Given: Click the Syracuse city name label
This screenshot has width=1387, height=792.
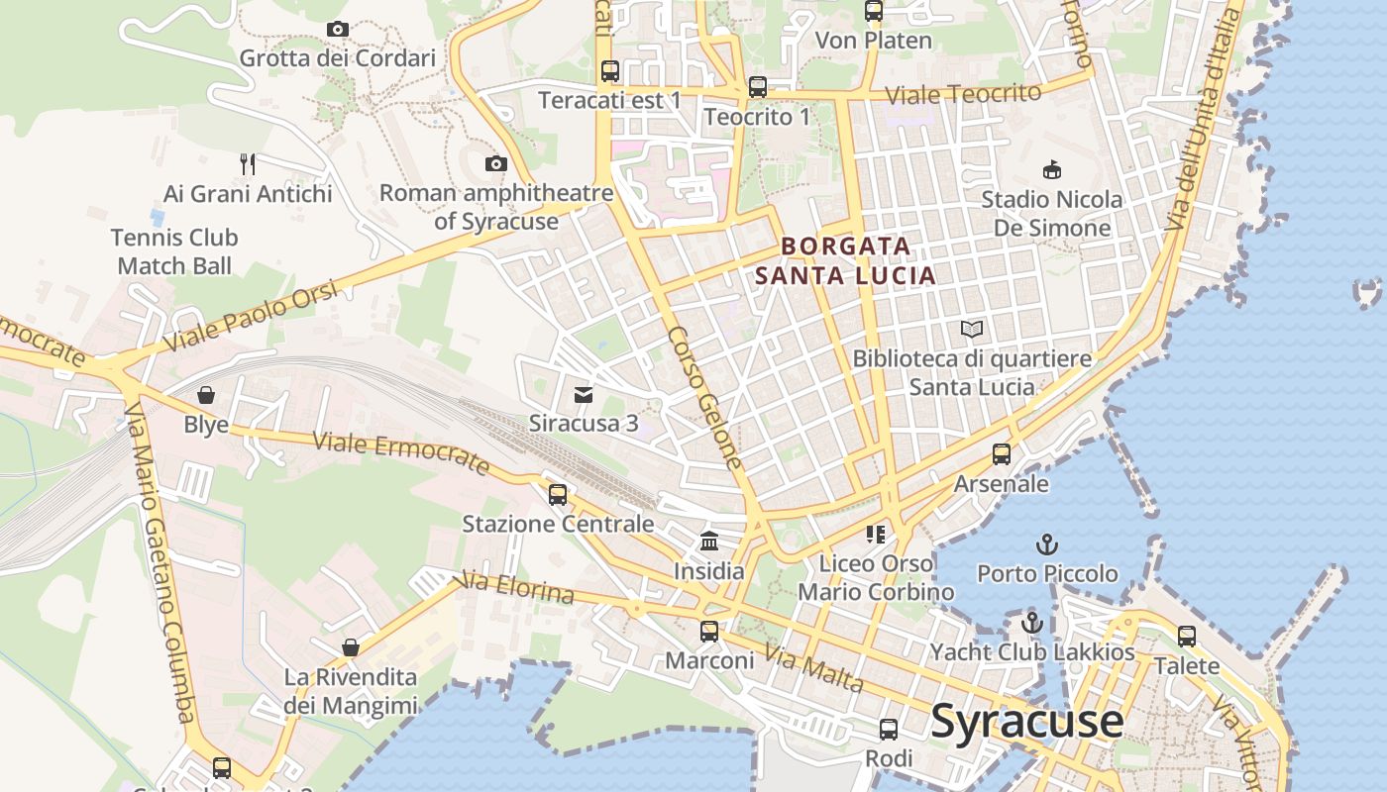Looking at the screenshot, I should [1027, 722].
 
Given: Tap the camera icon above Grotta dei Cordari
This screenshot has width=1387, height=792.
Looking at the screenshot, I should [338, 30].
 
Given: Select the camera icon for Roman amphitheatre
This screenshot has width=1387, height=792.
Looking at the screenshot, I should [496, 163].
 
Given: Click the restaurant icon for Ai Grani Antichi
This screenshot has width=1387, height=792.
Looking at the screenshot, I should [248, 163].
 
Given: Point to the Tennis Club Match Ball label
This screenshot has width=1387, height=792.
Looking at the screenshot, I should [174, 251].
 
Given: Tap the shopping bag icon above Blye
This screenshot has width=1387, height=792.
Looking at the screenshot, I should [206, 396].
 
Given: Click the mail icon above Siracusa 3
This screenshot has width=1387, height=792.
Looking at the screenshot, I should [584, 395].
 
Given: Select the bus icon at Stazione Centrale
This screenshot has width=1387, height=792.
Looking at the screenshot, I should [558, 494].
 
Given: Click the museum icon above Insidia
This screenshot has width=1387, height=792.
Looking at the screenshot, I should [709, 542].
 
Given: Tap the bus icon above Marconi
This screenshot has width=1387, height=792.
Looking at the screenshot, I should [709, 631].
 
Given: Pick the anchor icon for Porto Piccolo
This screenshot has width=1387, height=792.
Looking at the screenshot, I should [1047, 544].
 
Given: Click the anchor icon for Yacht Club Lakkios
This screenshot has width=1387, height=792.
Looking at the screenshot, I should [1032, 623].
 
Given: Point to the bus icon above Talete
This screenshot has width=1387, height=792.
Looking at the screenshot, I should [1187, 636].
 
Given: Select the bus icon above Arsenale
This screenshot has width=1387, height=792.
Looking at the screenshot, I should [1002, 454].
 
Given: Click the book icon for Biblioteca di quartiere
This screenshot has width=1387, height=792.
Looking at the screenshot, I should [972, 329].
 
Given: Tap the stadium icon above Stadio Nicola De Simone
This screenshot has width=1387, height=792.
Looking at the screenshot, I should [1051, 169].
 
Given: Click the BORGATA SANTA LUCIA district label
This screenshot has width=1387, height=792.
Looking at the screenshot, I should [845, 260].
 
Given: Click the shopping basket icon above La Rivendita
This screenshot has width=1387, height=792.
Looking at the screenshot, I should [351, 647].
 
